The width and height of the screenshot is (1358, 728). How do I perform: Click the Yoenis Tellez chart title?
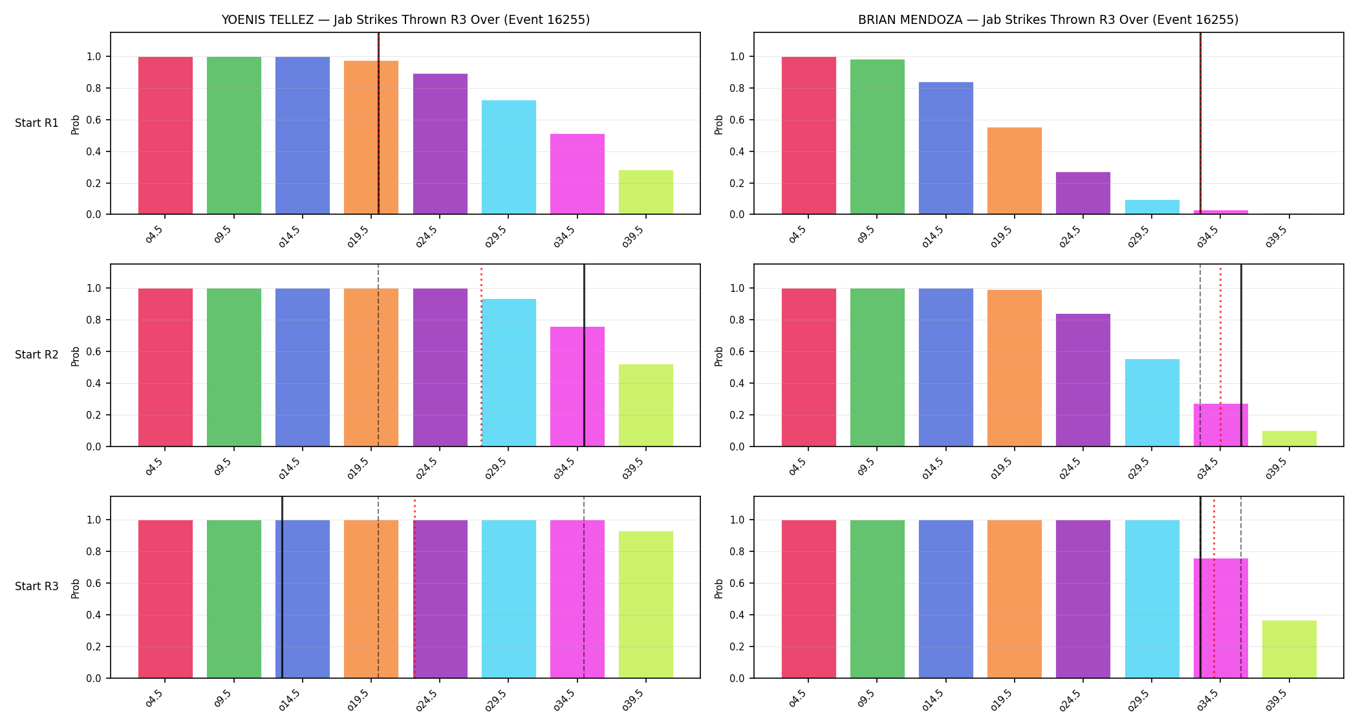pyautogui.click(x=405, y=20)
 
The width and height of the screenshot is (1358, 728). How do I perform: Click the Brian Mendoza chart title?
pyautogui.click(x=1048, y=20)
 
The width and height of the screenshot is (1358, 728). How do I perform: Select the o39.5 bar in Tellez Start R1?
pyautogui.click(x=646, y=192)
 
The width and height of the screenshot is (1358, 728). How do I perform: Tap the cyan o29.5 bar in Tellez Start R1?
pyautogui.click(x=509, y=157)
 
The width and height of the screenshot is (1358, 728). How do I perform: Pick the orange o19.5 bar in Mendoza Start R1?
pyautogui.click(x=1015, y=171)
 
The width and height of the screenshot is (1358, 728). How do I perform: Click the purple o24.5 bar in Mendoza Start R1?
pyautogui.click(x=1083, y=193)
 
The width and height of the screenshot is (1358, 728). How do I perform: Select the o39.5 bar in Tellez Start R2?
pyautogui.click(x=646, y=405)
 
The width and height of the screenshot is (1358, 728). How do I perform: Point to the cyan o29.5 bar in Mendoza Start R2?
pyautogui.click(x=1152, y=403)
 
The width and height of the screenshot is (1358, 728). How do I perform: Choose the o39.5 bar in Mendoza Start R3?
pyautogui.click(x=1289, y=649)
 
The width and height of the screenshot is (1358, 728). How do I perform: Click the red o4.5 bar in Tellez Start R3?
pyautogui.click(x=166, y=599)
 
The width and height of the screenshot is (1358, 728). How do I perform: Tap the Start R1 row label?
pyautogui.click(x=37, y=123)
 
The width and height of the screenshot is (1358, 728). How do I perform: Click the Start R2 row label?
pyautogui.click(x=37, y=355)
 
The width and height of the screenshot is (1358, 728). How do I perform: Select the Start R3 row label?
pyautogui.click(x=37, y=586)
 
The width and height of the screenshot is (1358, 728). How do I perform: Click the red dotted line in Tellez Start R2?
pyautogui.click(x=481, y=355)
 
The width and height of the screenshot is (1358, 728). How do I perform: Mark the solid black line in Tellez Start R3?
pyautogui.click(x=282, y=587)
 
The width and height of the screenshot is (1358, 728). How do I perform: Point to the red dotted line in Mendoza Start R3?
pyautogui.click(x=1214, y=587)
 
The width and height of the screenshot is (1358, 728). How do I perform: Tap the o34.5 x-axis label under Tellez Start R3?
pyautogui.click(x=564, y=701)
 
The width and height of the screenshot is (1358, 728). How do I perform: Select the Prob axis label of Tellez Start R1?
pyautogui.click(x=76, y=124)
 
